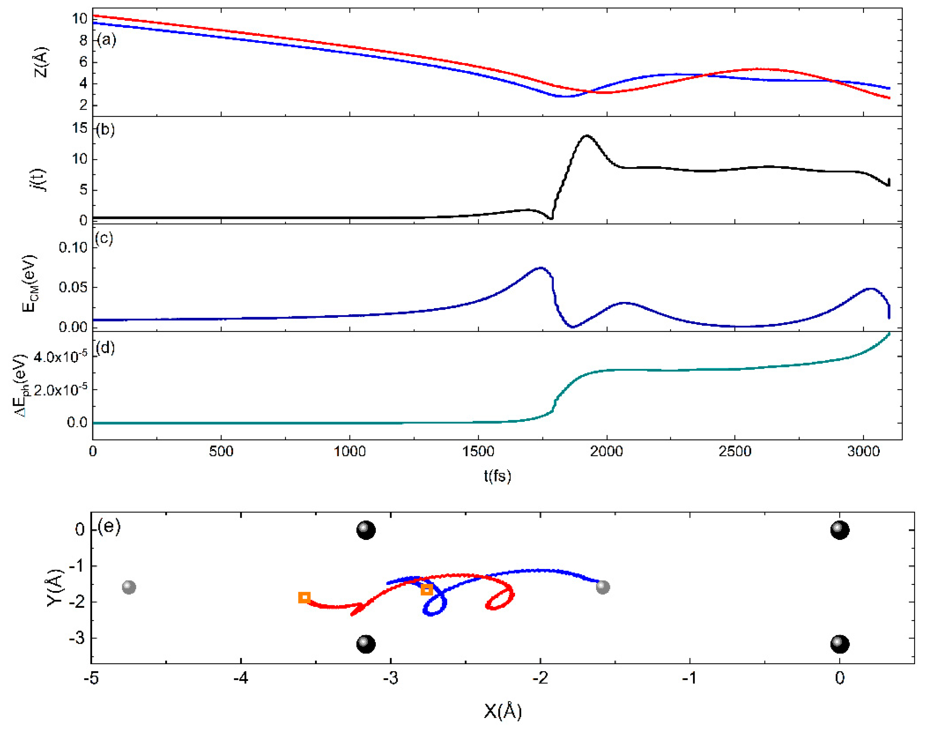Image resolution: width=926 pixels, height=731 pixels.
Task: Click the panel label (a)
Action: point(106,40)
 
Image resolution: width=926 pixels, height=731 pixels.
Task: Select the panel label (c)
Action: point(104,238)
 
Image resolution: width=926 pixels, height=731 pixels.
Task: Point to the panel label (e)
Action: point(109,526)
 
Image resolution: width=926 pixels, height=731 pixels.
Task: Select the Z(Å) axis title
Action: point(41,62)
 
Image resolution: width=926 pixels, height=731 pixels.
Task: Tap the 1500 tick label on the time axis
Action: point(478,452)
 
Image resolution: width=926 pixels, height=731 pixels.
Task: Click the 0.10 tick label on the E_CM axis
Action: point(73,247)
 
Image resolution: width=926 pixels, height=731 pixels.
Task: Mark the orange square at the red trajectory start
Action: point(304,597)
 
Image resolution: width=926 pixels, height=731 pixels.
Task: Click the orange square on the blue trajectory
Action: point(426,590)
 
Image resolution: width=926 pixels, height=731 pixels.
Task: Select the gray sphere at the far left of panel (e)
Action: point(129,587)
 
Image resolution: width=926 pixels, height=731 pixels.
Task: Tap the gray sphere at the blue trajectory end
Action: point(603,587)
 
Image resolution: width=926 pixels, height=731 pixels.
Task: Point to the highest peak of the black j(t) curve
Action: point(586,136)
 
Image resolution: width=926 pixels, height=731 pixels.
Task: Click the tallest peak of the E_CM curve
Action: point(541,268)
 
